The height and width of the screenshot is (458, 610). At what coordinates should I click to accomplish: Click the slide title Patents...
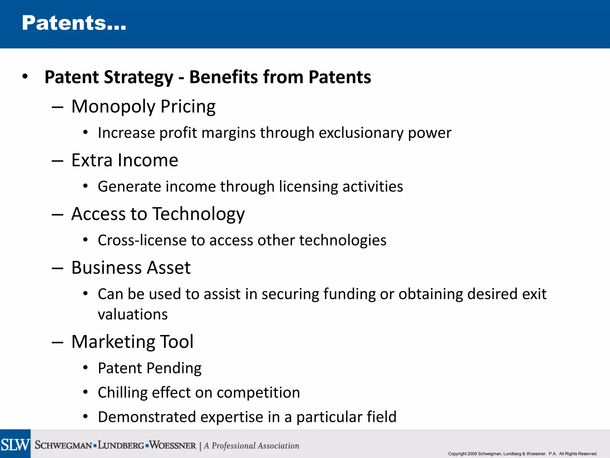74,23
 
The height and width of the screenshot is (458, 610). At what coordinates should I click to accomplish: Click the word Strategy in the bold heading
139,77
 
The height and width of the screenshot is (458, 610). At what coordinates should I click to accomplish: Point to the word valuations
133,314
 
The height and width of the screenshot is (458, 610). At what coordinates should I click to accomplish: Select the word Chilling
122,392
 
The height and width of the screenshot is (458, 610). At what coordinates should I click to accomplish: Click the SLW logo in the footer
15,444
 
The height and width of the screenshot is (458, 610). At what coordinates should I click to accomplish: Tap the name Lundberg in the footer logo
121,445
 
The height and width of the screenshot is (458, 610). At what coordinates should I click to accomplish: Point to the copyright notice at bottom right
522,454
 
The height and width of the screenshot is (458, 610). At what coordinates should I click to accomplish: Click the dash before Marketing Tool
57,342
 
